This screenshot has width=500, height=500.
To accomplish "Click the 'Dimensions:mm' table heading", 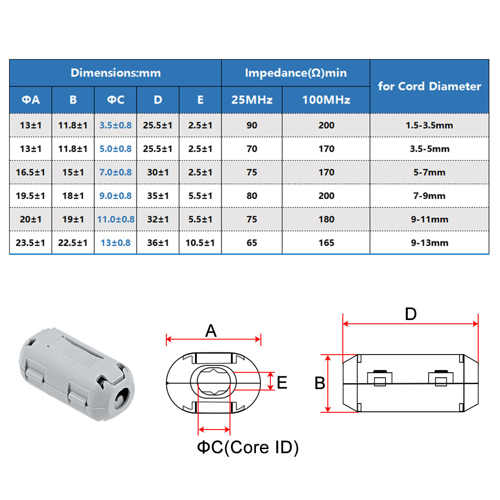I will [115, 73].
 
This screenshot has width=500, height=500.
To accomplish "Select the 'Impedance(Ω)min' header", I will [295, 73].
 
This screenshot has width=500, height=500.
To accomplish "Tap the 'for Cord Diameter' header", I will [429, 86].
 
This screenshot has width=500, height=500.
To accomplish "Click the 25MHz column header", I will [252, 100].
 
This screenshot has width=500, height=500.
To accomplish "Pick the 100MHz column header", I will [326, 100].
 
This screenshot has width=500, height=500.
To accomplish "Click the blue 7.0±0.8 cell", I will [115, 172].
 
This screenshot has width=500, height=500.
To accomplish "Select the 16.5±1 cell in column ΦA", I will [30, 172].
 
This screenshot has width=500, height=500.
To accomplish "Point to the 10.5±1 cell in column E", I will [200, 243].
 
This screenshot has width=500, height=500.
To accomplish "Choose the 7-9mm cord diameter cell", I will [429, 196].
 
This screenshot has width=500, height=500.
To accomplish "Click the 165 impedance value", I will [326, 243].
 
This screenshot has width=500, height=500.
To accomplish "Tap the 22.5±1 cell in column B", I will [73, 243].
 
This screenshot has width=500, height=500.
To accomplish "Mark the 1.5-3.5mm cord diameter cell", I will [429, 125].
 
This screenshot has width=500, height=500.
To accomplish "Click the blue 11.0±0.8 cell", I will [115, 219].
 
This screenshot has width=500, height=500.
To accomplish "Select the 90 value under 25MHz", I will [252, 125].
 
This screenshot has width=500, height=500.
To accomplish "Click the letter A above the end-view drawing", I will [211, 331].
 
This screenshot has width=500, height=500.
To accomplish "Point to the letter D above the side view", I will [410, 314].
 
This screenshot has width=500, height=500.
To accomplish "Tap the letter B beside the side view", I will [320, 383].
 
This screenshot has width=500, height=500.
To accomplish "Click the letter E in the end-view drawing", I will [282, 383].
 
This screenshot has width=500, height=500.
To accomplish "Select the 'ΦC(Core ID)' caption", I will [248, 447].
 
